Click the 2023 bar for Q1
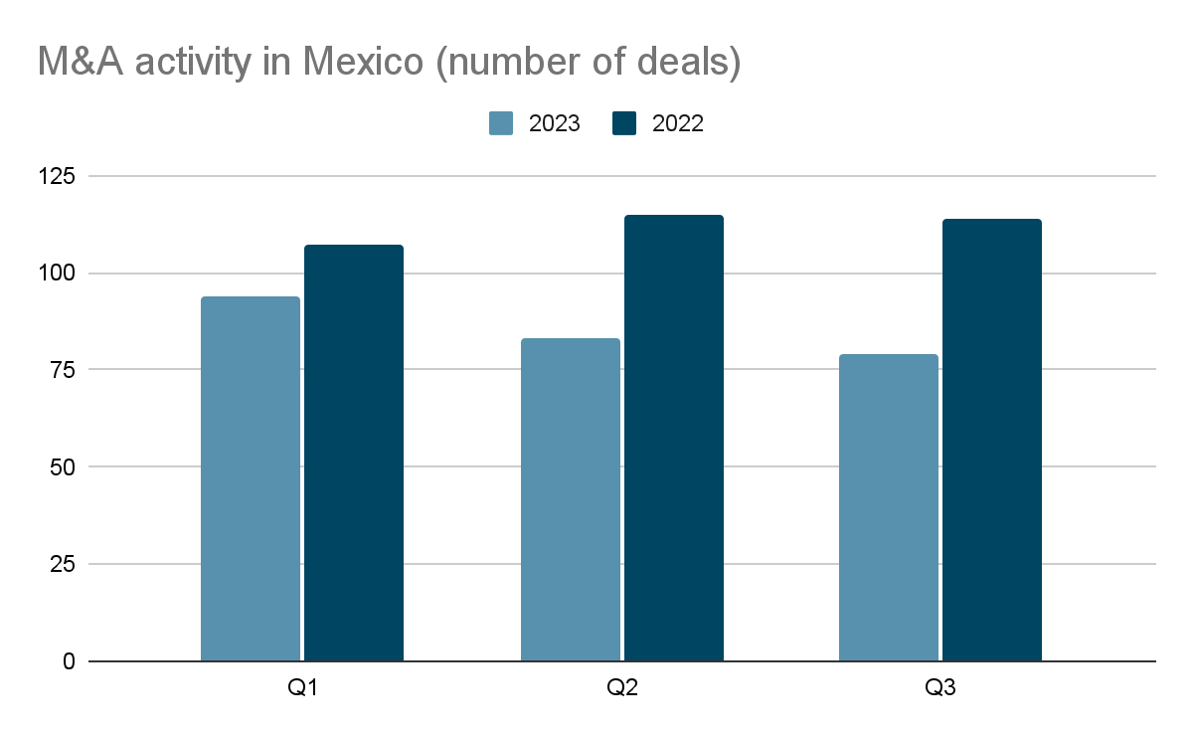pyautogui.click(x=251, y=478)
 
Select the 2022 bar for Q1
pyautogui.click(x=354, y=453)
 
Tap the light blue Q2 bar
pyautogui.click(x=571, y=499)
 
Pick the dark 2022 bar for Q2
pyautogui.click(x=674, y=438)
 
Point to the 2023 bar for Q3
pyautogui.click(x=889, y=507)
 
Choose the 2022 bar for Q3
pyautogui.click(x=992, y=440)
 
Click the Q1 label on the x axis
pyautogui.click(x=302, y=688)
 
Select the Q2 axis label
pyautogui.click(x=622, y=688)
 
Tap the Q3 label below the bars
pyautogui.click(x=940, y=688)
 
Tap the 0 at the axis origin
pyautogui.click(x=68, y=661)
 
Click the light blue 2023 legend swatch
pyautogui.click(x=501, y=123)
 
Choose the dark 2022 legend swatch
pyautogui.click(x=624, y=123)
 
